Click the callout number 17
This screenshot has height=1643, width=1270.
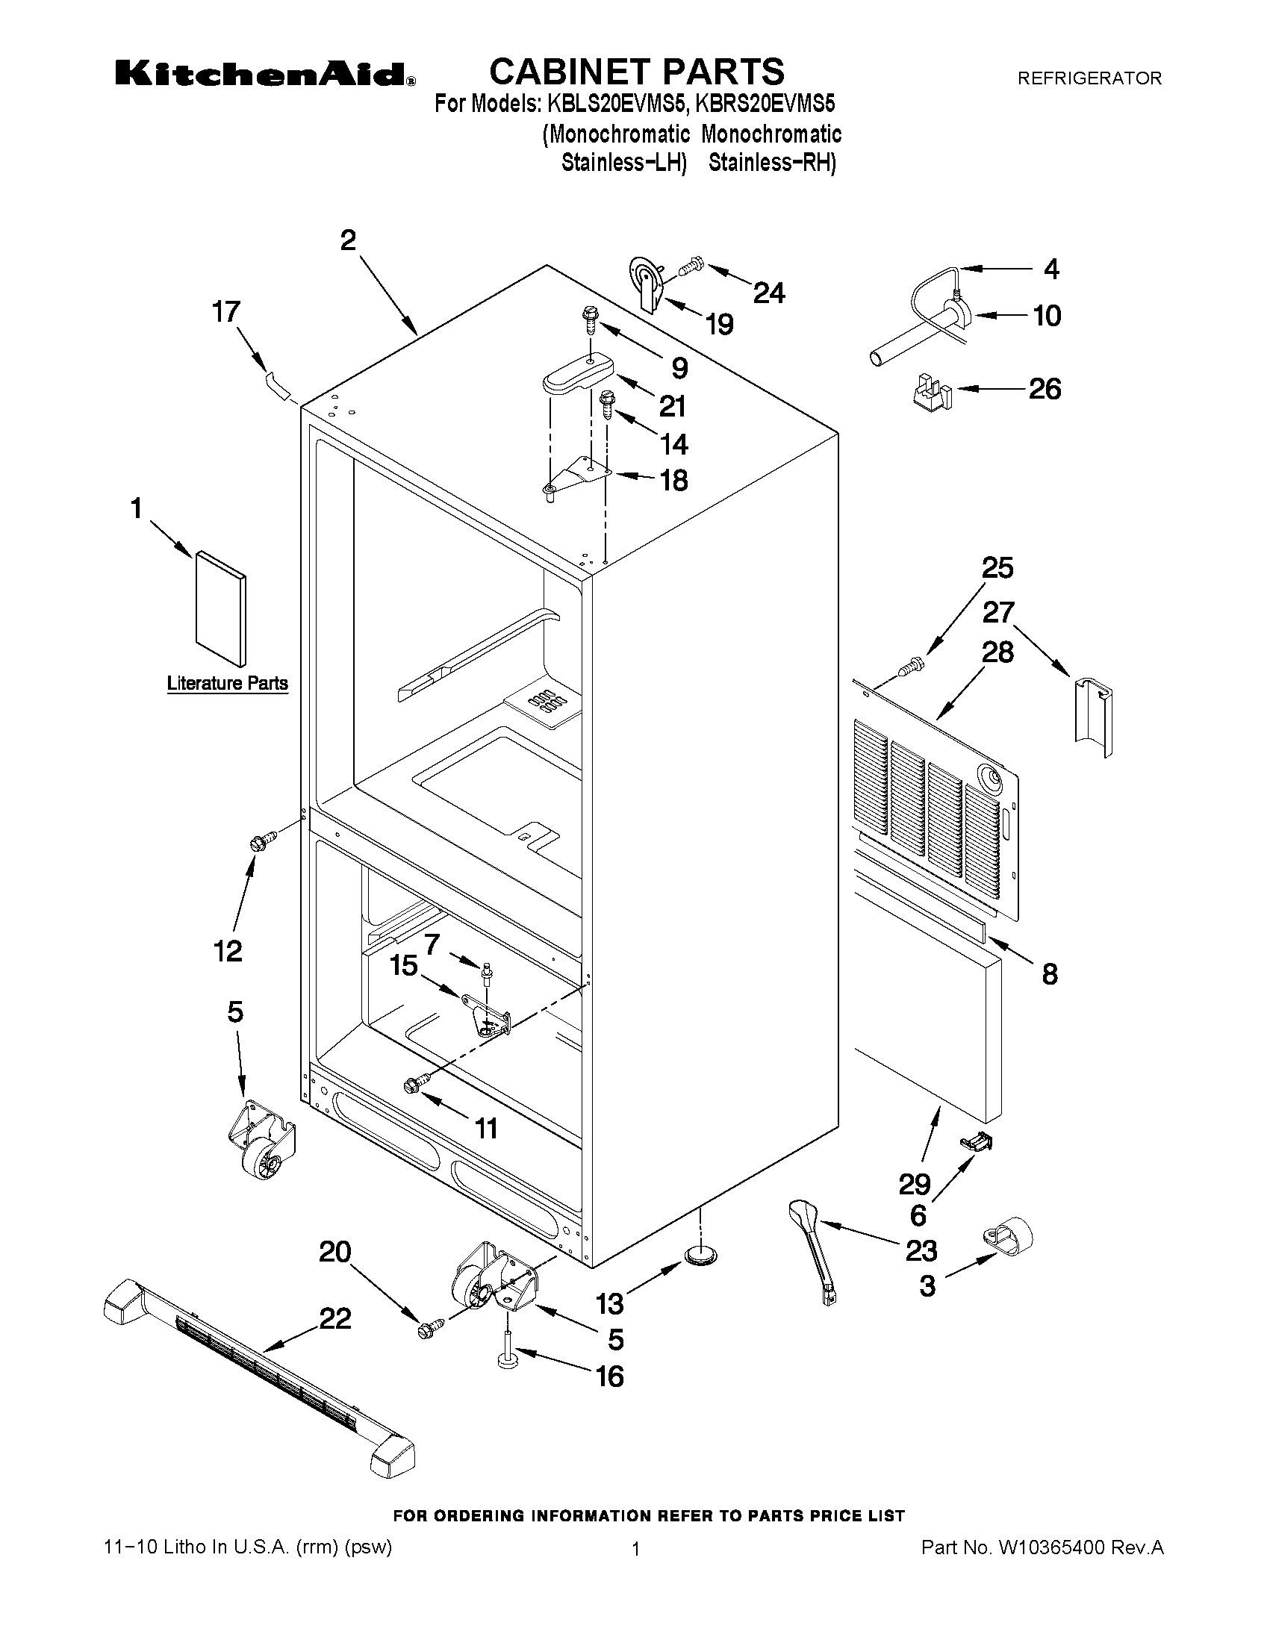click(x=225, y=311)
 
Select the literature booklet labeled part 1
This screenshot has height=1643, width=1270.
click(x=220, y=608)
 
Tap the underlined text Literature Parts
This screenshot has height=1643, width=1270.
click(x=227, y=683)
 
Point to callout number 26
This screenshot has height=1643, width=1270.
click(x=1045, y=389)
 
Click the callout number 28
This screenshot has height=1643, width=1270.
click(x=997, y=652)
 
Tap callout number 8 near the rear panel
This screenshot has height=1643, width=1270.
click(x=1050, y=973)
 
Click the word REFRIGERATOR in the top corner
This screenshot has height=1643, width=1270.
click(x=1089, y=78)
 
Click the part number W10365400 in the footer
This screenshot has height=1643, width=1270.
click(x=1050, y=1547)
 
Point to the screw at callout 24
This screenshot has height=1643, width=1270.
click(x=690, y=266)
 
